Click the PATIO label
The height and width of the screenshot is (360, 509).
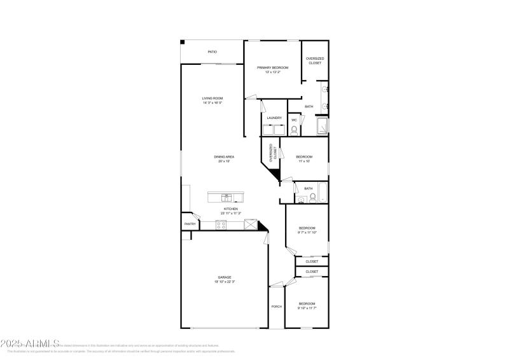[212, 52]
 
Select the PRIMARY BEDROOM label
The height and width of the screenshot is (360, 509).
[272, 67]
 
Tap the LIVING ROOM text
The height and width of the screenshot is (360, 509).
[212, 98]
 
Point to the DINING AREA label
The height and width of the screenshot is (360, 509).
[224, 156]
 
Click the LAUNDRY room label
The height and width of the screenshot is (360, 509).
[274, 118]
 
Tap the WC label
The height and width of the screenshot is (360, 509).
[294, 120]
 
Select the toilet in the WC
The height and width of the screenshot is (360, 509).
[294, 130]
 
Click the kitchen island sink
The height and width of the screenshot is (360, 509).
[226, 197]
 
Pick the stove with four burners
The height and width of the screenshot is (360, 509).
[221, 225]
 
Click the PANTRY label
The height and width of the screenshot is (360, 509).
[190, 224]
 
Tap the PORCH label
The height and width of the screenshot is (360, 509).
[276, 307]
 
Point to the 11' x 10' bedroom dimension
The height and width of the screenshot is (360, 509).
[303, 161]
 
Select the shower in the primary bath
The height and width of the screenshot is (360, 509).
[323, 127]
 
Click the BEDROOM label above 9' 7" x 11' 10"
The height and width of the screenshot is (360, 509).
[307, 228]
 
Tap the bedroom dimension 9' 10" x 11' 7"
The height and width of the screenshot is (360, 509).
[307, 308]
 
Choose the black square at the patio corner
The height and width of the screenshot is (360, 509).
[183, 43]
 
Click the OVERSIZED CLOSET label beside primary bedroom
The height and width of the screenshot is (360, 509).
[314, 60]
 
